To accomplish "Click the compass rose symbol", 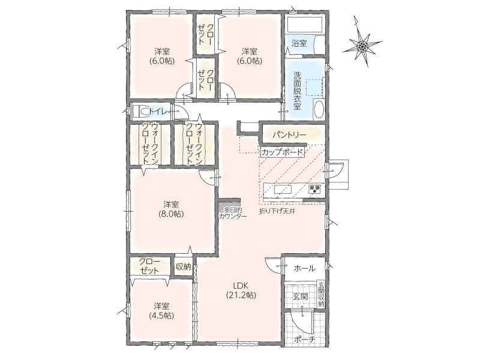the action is click(x=362, y=47).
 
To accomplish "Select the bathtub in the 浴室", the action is click(x=305, y=24).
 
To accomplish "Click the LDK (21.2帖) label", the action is click(x=241, y=290).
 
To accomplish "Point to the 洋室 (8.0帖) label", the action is click(x=171, y=209).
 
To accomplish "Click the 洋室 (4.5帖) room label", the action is click(x=161, y=310).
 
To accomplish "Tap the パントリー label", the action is click(x=289, y=134).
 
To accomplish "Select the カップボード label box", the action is click(x=282, y=152).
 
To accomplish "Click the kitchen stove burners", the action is click(x=314, y=190).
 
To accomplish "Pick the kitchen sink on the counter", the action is click(x=283, y=190).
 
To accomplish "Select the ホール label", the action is click(x=304, y=268).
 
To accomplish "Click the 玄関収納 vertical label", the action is click(x=321, y=294).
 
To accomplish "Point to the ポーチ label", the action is click(x=304, y=339).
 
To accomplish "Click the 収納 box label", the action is click(x=184, y=266).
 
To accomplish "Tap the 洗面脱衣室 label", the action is click(x=297, y=91).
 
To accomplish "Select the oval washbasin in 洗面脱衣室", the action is click(x=319, y=109).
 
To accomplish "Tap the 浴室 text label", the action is click(x=299, y=43).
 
